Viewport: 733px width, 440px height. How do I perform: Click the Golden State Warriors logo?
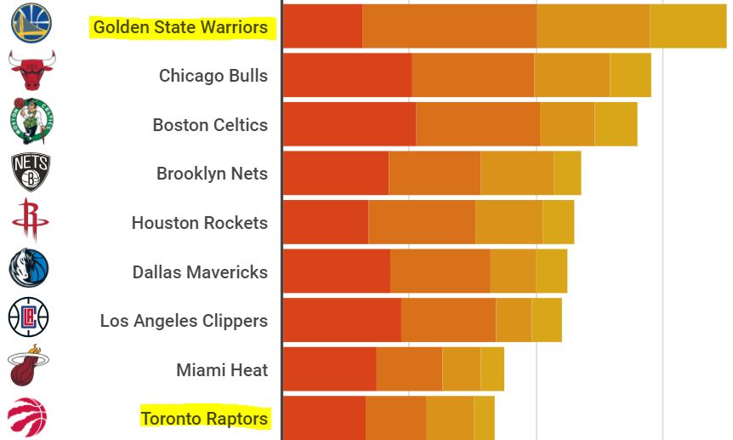[x=31, y=24]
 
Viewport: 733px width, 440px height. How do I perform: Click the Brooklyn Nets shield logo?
[x=31, y=171]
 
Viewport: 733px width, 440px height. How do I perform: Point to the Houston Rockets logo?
[x=31, y=220]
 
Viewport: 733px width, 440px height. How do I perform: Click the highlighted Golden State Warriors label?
[x=180, y=27]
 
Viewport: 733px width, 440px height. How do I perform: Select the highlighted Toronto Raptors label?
[x=204, y=418]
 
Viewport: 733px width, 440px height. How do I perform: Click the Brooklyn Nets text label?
[x=212, y=174]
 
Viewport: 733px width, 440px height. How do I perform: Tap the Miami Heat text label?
[x=222, y=369]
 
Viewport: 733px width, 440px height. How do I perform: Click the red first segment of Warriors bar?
[x=322, y=26]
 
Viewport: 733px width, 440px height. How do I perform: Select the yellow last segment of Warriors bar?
[x=688, y=26]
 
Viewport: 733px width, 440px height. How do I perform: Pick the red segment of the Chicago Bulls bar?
[x=347, y=75]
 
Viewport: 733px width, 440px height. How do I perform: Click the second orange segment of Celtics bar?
[x=478, y=123]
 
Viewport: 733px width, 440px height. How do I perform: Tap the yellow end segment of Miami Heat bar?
[x=492, y=369]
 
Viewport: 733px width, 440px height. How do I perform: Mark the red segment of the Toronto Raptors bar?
[x=324, y=418]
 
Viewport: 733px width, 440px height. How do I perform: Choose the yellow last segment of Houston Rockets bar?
[x=559, y=222]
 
